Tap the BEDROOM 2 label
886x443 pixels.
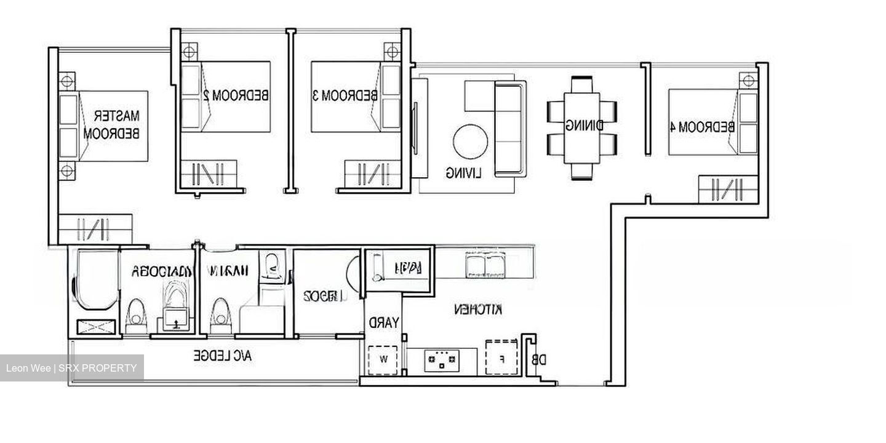(236, 95)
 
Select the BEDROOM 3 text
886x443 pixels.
(345, 95)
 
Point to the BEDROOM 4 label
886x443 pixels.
(701, 127)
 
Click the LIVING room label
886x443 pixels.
(464, 174)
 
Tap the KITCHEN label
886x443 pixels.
(478, 309)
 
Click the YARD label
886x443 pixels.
(384, 322)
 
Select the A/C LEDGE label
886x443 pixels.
(222, 356)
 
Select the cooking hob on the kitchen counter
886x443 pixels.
(442, 361)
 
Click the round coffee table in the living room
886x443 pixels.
(471, 142)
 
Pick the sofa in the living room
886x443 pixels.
(509, 129)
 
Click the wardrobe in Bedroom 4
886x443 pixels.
(728, 189)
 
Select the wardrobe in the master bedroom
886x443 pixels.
(95, 228)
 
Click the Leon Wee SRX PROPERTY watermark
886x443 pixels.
(71, 369)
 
